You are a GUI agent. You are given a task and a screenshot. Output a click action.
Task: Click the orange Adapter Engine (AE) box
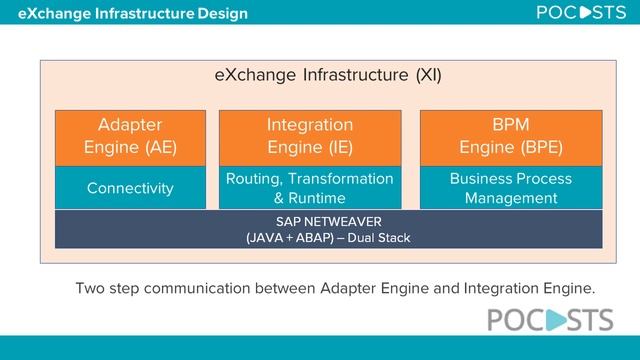[130, 137]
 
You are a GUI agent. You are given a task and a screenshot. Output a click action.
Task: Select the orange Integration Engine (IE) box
[310, 137]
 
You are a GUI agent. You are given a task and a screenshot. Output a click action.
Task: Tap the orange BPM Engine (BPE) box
[511, 137]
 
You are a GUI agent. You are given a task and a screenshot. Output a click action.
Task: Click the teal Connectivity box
[130, 188]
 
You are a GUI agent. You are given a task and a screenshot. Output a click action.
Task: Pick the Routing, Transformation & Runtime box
[310, 188]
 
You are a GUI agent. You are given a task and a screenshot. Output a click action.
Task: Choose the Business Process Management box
[511, 188]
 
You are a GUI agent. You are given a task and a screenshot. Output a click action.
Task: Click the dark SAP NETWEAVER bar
[328, 229]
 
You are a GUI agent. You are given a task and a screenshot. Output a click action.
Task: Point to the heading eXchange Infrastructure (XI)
[328, 75]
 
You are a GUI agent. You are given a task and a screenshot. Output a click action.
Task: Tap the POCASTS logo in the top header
[579, 14]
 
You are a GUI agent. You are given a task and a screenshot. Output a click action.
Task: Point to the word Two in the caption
[91, 289]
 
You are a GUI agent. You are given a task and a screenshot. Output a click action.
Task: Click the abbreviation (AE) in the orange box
[154, 148]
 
